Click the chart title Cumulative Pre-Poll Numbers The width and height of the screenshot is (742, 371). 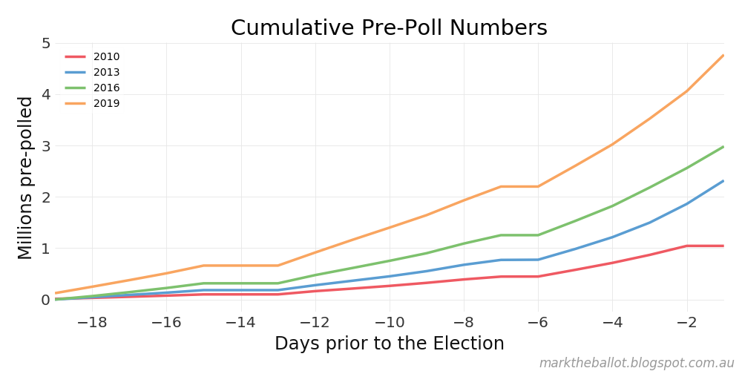pyautogui.click(x=389, y=28)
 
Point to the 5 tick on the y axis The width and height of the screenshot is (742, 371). pyautogui.click(x=45, y=43)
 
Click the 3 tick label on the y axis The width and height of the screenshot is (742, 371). pyautogui.click(x=45, y=145)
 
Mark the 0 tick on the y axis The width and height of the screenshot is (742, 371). pyautogui.click(x=45, y=300)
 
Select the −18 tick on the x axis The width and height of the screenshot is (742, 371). pyautogui.click(x=92, y=322)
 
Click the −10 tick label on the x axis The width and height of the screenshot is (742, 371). pyautogui.click(x=389, y=322)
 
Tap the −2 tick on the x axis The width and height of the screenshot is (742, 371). pyautogui.click(x=686, y=322)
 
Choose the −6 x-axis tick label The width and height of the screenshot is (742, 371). pyautogui.click(x=538, y=322)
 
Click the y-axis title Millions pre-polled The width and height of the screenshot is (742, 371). pyautogui.click(x=26, y=178)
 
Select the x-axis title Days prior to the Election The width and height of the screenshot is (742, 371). pyautogui.click(x=389, y=344)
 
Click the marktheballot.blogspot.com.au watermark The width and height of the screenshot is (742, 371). pyautogui.click(x=636, y=363)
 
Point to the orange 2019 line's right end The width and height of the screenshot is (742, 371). pyautogui.click(x=723, y=55)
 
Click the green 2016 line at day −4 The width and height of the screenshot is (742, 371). pyautogui.click(x=612, y=206)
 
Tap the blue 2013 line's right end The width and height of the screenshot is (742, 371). pyautogui.click(x=723, y=181)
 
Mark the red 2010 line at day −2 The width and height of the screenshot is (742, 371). pyautogui.click(x=686, y=246)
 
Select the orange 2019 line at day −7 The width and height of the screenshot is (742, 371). pyautogui.click(x=501, y=186)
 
